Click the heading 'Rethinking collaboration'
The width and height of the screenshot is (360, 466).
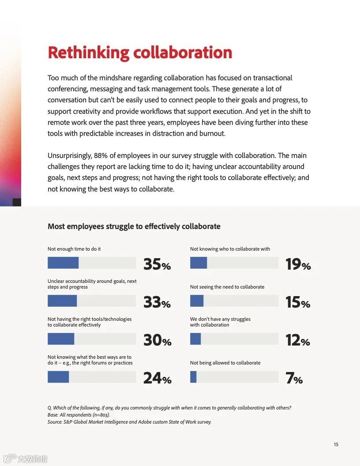point(139,53)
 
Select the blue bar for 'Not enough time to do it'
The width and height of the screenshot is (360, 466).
point(63,263)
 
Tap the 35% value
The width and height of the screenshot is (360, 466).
point(157,264)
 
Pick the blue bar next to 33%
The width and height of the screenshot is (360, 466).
point(62,301)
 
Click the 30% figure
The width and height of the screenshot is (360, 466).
point(157,340)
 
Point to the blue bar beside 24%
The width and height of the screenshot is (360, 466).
point(58,377)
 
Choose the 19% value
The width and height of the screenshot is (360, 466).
point(298,264)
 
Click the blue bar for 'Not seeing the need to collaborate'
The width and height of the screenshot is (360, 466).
point(197,301)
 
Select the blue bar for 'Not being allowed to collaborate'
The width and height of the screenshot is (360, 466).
point(193,377)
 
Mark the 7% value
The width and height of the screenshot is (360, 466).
point(294,378)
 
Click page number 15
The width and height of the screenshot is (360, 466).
point(336,444)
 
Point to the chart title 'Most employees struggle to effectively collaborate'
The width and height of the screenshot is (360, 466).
point(134,226)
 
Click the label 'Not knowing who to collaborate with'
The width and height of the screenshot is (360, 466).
point(230,249)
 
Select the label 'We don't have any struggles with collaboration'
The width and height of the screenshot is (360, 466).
point(220,322)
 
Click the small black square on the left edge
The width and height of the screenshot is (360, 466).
point(17,203)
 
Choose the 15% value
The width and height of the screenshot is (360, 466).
point(297,302)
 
